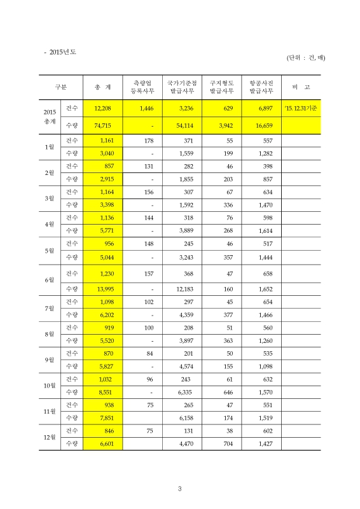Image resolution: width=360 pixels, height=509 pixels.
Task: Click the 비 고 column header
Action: tap(301, 87)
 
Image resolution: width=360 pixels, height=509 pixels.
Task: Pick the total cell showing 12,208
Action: tap(102, 109)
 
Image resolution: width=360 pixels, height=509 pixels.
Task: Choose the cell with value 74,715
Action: tap(102, 126)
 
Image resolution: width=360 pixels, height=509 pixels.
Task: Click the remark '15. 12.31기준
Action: tap(301, 109)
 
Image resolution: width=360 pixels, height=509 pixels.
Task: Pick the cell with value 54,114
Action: tap(182, 126)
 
